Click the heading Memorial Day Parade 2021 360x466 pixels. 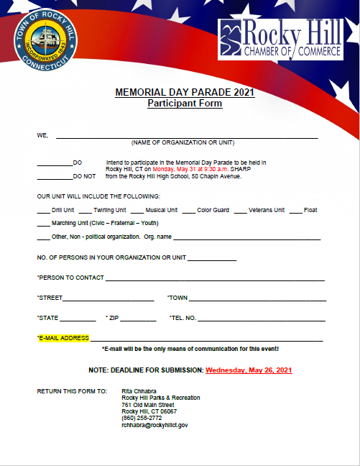tap(185, 93)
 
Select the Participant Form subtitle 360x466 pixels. tap(185, 104)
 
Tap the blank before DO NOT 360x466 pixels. tap(55, 176)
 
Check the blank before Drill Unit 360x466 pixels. tap(43, 211)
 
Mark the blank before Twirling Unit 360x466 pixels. tap(85, 211)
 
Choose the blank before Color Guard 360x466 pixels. tap(188, 211)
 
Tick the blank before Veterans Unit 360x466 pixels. tap(241, 211)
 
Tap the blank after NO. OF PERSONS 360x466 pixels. tap(212, 259)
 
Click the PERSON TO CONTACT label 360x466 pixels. tap(70, 278)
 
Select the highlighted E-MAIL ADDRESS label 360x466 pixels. tap(63, 338)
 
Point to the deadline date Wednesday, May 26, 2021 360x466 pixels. tap(249, 370)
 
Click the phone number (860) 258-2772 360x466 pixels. tap(142, 418)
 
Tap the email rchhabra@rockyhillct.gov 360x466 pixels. tap(154, 425)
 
